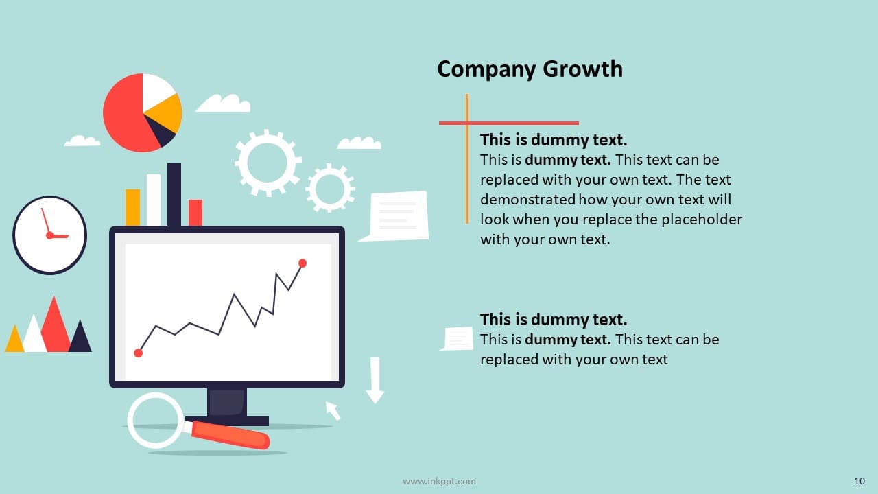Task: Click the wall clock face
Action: coord(50,235)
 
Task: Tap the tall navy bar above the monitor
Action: coord(174,194)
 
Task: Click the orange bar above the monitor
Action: coord(132,207)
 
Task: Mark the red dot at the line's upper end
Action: coord(302,263)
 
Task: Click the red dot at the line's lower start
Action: coord(138,353)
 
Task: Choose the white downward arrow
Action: coord(375,380)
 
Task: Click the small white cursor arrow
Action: coord(333,410)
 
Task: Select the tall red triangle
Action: coord(55,325)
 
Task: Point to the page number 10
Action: coord(859,481)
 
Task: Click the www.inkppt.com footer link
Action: coord(439,481)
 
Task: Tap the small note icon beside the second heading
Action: coord(457,338)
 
